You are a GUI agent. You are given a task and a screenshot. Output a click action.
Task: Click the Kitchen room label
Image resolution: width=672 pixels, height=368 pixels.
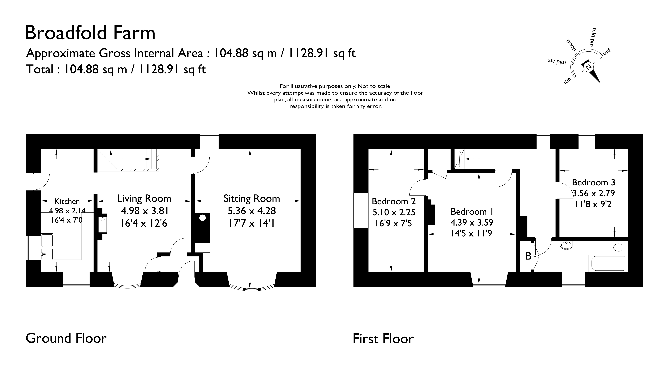pyautogui.click(x=67, y=201)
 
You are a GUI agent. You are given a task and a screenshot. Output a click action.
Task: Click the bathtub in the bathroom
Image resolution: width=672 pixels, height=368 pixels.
pyautogui.click(x=608, y=263)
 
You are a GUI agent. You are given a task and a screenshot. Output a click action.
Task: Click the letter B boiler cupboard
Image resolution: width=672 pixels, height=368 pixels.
pyautogui.click(x=528, y=256)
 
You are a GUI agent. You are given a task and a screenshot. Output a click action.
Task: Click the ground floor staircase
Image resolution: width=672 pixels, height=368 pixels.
pyautogui.click(x=128, y=160)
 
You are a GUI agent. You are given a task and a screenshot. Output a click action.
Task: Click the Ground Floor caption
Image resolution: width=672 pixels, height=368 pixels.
pyautogui.click(x=66, y=338)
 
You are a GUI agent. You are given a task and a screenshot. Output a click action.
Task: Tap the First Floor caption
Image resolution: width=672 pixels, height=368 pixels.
pyautogui.click(x=383, y=339)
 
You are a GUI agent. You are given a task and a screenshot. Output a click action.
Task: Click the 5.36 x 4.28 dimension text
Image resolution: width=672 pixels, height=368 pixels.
pyautogui.click(x=251, y=211)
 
